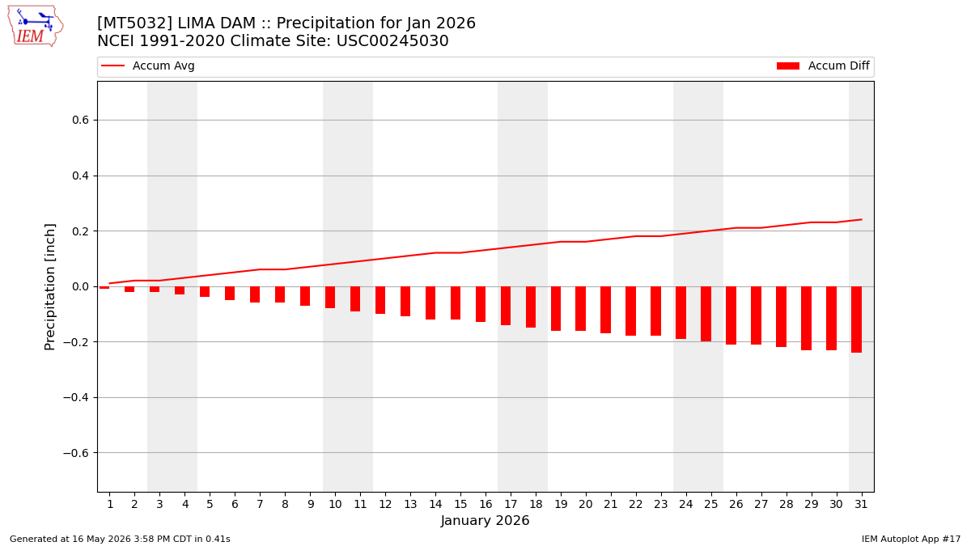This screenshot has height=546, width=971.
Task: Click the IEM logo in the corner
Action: click(x=36, y=26)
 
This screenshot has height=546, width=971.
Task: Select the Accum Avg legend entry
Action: click(x=147, y=66)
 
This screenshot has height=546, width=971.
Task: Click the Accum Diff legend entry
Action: click(x=823, y=66)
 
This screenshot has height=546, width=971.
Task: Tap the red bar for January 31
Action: click(x=856, y=320)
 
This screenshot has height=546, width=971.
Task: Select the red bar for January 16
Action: click(x=481, y=304)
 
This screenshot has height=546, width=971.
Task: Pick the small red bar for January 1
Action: click(x=104, y=287)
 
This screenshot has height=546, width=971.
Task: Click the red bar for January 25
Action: click(x=706, y=314)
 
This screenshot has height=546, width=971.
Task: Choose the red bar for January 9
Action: click(x=305, y=296)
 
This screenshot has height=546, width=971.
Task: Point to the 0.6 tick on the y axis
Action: click(x=80, y=120)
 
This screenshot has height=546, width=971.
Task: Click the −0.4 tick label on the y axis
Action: click(x=76, y=397)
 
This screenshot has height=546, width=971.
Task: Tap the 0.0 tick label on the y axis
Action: click(x=80, y=286)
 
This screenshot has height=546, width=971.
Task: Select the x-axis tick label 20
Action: click(x=586, y=504)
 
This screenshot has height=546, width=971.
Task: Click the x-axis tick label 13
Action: click(x=410, y=504)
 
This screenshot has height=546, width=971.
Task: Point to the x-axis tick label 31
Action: click(x=861, y=504)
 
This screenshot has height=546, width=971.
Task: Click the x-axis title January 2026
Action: click(x=485, y=520)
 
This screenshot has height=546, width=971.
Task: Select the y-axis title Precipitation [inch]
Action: click(x=50, y=287)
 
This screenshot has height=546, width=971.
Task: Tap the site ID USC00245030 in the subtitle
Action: click(x=392, y=40)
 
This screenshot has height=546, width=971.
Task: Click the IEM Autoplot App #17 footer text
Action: click(x=911, y=539)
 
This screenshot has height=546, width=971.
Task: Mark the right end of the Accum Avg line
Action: click(x=862, y=220)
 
